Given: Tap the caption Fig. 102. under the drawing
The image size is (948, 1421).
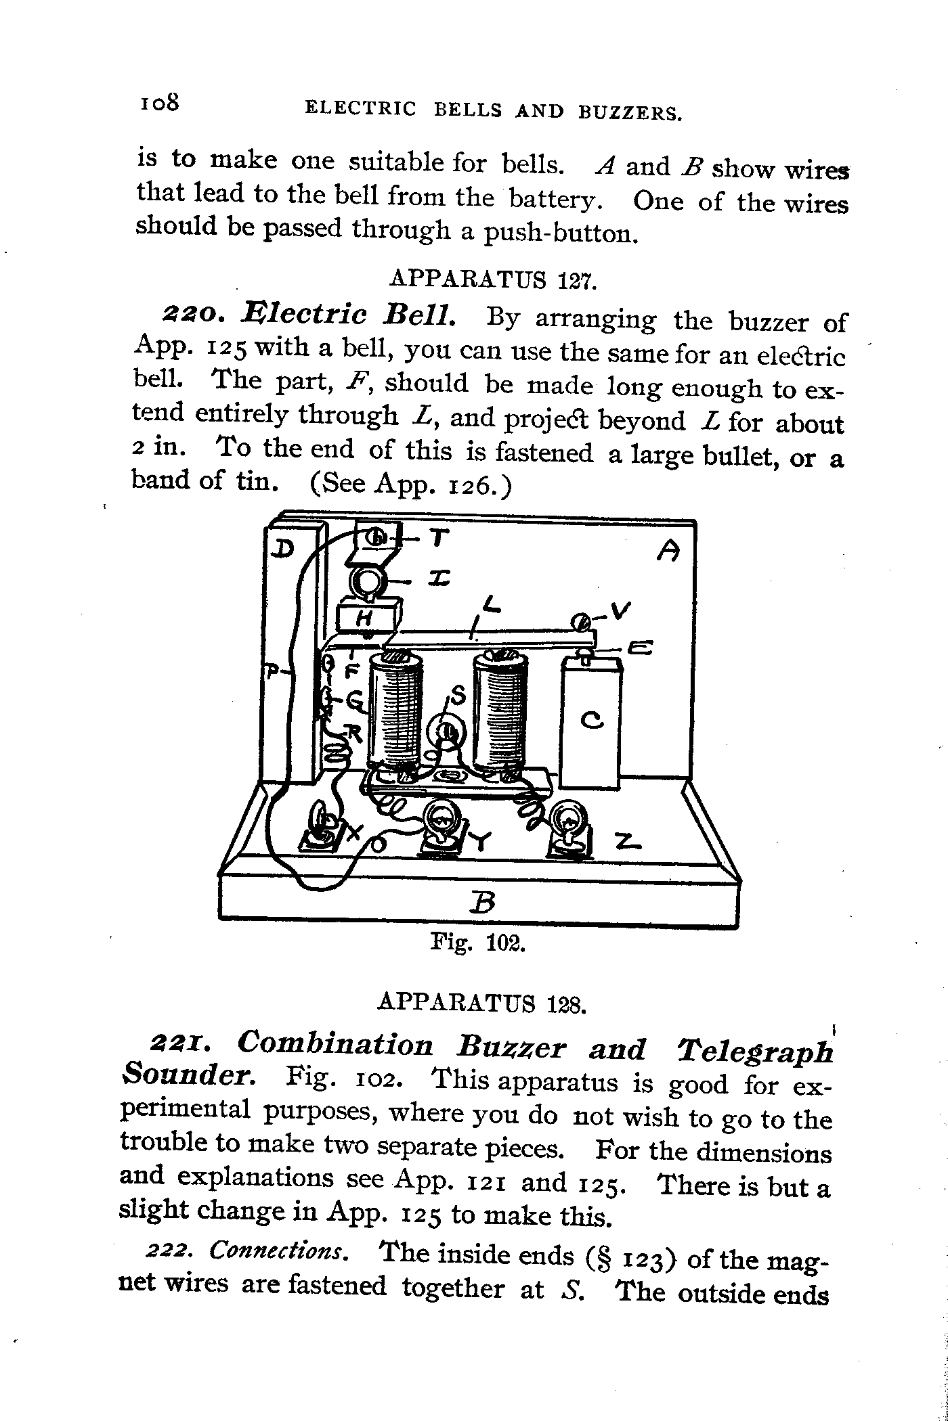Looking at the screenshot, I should (x=478, y=943).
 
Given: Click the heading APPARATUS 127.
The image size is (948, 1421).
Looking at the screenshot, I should (x=493, y=278).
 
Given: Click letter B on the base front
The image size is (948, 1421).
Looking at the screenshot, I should (x=481, y=902).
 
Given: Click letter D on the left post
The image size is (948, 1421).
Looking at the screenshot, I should (x=281, y=549).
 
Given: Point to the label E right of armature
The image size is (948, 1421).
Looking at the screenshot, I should (x=639, y=648).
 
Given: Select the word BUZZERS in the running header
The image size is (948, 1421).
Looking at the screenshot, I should (x=629, y=112).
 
